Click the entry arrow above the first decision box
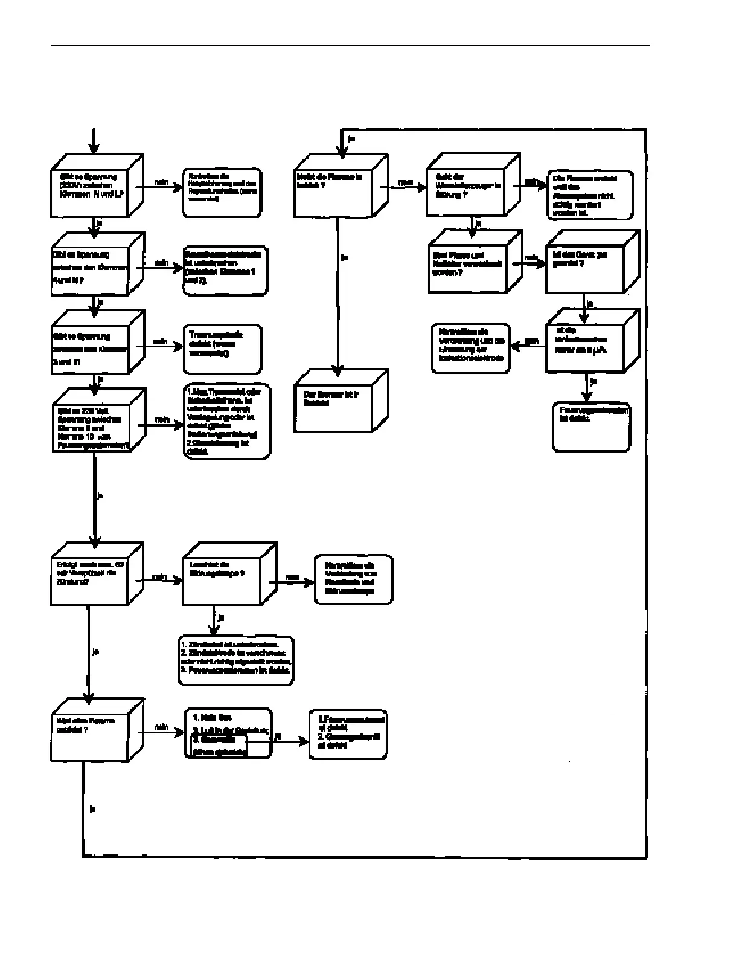coord(93,141)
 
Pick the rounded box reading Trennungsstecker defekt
coord(222,349)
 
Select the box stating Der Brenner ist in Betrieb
coord(333,402)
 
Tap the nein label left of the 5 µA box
coord(531,341)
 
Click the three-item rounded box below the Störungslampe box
coord(236,660)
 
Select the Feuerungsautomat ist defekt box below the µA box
coord(592,427)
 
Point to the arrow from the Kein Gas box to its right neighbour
coord(290,741)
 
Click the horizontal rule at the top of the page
coord(350,45)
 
